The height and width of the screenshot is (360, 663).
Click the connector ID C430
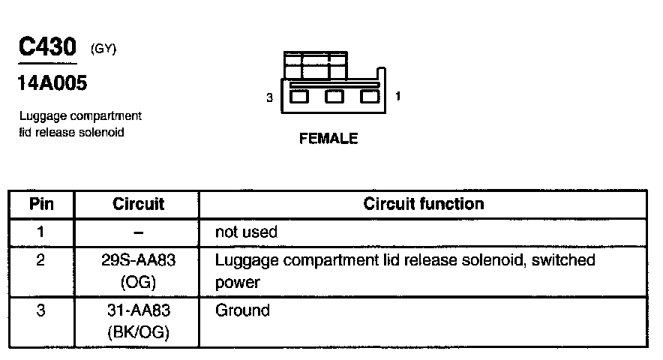pos(46,47)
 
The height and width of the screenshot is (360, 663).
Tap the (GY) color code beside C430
pos(103,49)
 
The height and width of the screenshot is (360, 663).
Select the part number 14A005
pos(52,83)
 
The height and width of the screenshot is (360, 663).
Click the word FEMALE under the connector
pos(328,139)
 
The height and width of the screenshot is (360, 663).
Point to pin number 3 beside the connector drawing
pos(269,97)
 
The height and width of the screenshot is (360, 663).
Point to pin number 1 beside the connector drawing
pos(397,96)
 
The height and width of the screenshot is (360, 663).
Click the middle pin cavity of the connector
pos(334,97)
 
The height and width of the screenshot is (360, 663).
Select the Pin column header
pos(41,204)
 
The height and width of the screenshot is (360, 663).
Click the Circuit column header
pos(138,204)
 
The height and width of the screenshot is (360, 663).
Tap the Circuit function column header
pos(424,204)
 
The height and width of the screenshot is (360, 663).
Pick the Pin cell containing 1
pos(41,232)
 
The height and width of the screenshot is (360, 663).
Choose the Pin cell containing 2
pos(41,260)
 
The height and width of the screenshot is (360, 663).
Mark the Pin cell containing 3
pos(41,310)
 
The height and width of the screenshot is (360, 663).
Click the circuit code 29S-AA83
pos(138,261)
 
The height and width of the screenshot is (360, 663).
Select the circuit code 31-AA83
pos(138,310)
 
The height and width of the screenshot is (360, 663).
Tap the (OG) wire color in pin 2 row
pos(138,283)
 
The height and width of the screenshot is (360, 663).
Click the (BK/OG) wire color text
pos(138,332)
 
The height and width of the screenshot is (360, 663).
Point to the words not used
pos(246,232)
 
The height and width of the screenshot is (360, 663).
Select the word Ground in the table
pos(242,310)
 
